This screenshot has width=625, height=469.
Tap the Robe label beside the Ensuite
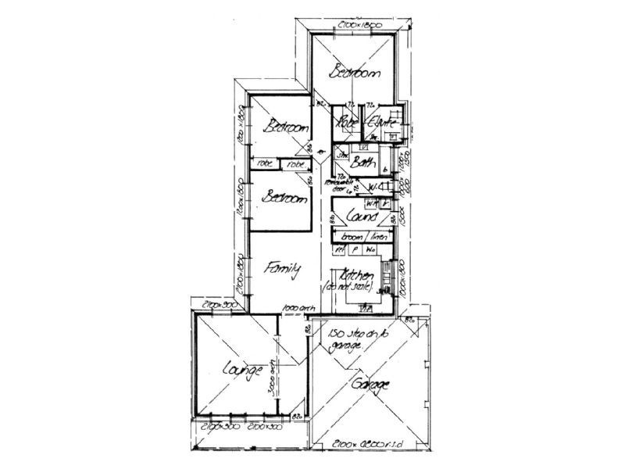pyautogui.click(x=347, y=122)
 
